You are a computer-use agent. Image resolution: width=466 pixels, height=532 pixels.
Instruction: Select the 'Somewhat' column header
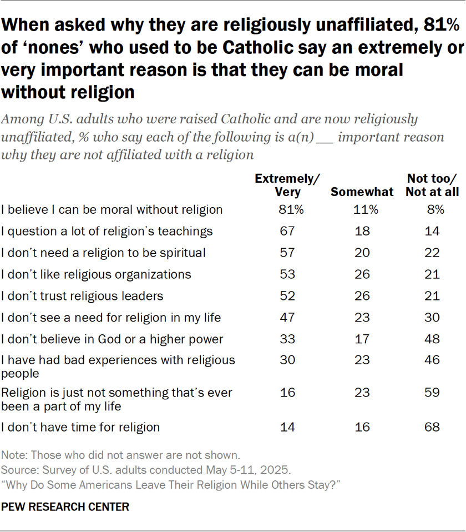click(x=362, y=192)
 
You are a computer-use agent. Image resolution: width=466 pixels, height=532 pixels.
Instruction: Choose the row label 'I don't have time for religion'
click(x=80, y=427)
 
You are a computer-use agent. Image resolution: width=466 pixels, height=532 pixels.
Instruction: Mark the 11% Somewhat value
click(x=366, y=210)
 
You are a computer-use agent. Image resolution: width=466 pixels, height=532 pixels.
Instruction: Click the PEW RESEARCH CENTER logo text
click(x=65, y=506)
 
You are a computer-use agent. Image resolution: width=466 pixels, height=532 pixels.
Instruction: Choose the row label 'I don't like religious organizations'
click(x=96, y=274)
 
